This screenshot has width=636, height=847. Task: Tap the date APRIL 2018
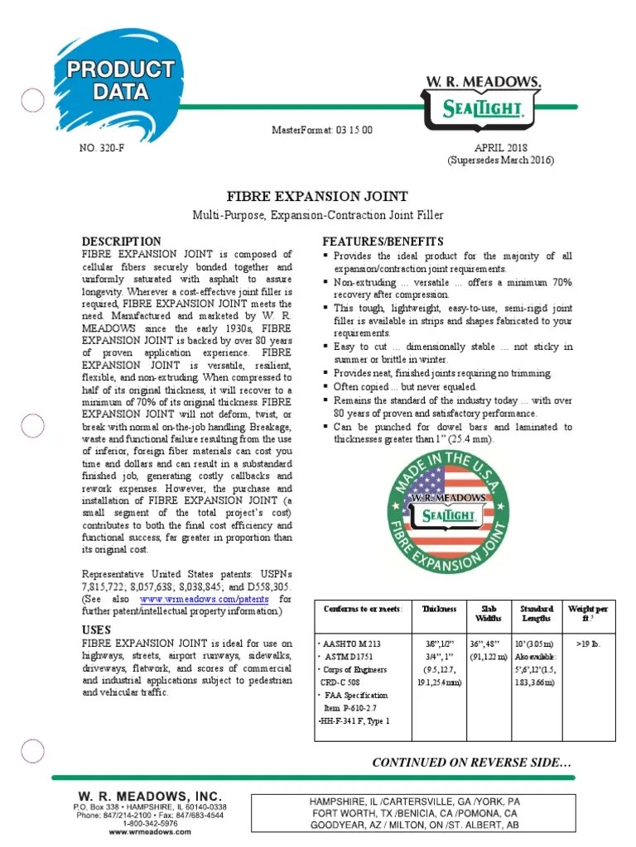click(489, 147)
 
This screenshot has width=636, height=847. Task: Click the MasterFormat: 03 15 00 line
click(322, 131)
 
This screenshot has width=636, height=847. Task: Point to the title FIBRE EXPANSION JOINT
click(317, 196)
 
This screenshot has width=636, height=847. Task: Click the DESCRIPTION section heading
click(121, 241)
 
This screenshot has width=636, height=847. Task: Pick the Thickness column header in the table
click(439, 609)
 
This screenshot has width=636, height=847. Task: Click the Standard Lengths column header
click(536, 614)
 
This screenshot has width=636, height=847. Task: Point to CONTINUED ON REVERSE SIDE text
click(472, 762)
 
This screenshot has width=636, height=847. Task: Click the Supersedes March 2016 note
click(489, 160)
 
